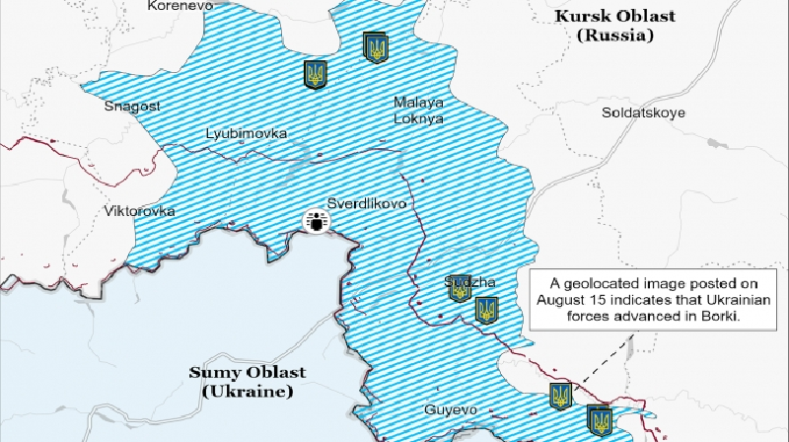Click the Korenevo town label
tap(179, 6)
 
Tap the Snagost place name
tap(132, 107)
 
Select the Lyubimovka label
tap(247, 133)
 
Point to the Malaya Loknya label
tap(418, 110)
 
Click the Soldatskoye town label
tap(643, 112)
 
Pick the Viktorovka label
tap(139, 211)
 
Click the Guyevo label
tap(451, 408)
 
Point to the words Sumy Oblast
tap(248, 372)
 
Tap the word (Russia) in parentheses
tap(616, 37)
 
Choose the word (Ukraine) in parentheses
tap(248, 392)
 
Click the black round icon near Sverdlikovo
tap(317, 224)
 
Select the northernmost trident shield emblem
tap(376, 46)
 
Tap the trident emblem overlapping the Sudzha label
tap(459, 288)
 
